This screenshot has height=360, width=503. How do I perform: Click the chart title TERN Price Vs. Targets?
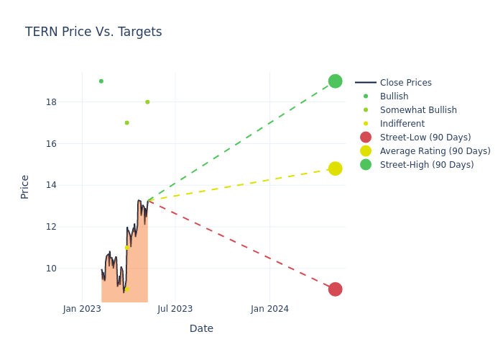pyautogui.click(x=93, y=32)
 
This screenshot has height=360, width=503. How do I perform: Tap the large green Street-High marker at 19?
pyautogui.click(x=335, y=81)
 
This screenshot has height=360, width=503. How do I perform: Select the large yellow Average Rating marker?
pyautogui.click(x=335, y=168)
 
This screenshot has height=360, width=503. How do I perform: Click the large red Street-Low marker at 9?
pyautogui.click(x=335, y=289)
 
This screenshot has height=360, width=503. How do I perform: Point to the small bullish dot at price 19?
pyautogui.click(x=101, y=81)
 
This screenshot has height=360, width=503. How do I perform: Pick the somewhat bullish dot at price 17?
pyautogui.click(x=126, y=123)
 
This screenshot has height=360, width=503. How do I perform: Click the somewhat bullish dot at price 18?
pyautogui.click(x=147, y=102)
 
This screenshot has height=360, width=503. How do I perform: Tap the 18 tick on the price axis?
pyautogui.click(x=51, y=102)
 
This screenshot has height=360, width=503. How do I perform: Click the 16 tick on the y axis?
pyautogui.click(x=51, y=144)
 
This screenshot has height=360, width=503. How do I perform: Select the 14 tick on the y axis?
pyautogui.click(x=51, y=185)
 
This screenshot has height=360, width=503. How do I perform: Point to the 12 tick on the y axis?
pyautogui.click(x=51, y=227)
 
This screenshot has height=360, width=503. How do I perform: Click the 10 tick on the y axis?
pyautogui.click(x=51, y=269)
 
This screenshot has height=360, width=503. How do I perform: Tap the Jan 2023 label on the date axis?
pyautogui.click(x=82, y=309)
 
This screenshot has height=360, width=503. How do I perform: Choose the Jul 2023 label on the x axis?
pyautogui.click(x=175, y=309)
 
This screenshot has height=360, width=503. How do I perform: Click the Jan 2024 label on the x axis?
pyautogui.click(x=270, y=309)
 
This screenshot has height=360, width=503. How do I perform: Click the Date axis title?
pyautogui.click(x=201, y=328)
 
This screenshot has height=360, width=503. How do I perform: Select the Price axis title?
pyautogui.click(x=25, y=186)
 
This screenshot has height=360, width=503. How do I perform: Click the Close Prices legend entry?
pyautogui.click(x=405, y=83)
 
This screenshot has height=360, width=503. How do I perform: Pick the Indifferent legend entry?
pyautogui.click(x=402, y=124)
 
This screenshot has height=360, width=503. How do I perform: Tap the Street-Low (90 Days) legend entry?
pyautogui.click(x=425, y=138)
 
